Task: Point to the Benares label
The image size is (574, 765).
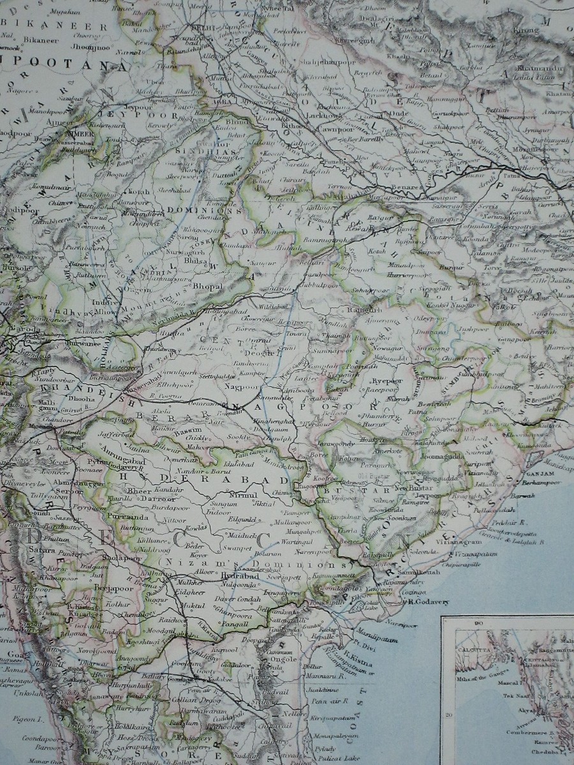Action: pos(405,187)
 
